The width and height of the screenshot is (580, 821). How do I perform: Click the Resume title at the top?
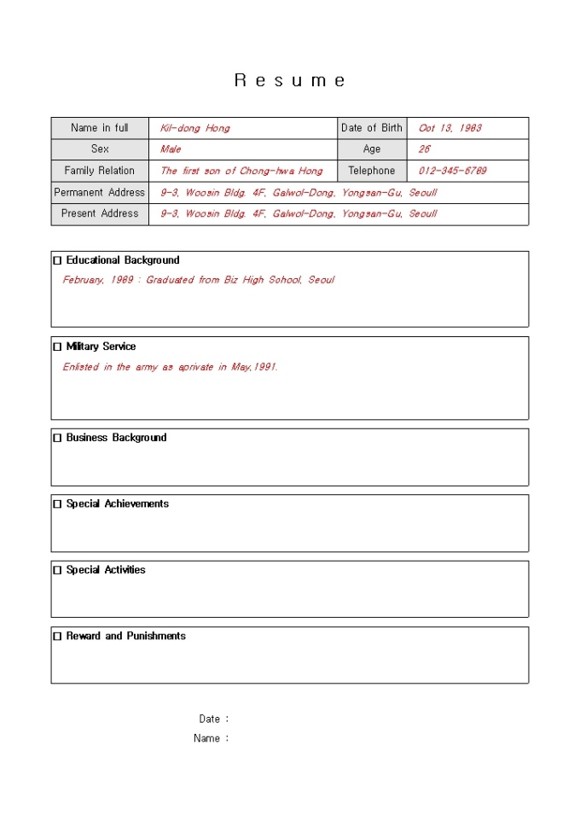(x=290, y=81)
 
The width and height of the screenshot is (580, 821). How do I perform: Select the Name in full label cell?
(x=100, y=128)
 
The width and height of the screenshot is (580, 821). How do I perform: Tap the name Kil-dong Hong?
(x=194, y=128)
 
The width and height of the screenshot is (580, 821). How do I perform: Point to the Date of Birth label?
(x=372, y=128)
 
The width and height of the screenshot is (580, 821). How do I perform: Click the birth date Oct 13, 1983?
(x=449, y=128)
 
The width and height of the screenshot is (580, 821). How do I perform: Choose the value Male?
(x=171, y=149)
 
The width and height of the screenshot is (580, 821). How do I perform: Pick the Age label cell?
(x=372, y=149)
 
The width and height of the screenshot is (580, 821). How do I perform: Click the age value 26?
(x=424, y=149)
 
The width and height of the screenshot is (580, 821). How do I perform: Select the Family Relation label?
(x=100, y=171)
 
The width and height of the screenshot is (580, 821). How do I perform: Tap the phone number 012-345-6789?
(x=452, y=171)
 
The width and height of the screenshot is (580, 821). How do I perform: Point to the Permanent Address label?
(x=100, y=192)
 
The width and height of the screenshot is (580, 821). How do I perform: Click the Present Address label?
(x=100, y=213)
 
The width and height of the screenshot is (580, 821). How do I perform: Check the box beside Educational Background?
(x=58, y=261)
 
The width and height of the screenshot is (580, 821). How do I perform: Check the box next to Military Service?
(x=58, y=347)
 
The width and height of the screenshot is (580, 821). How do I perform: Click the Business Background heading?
(x=116, y=438)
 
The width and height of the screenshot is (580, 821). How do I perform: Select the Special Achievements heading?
(x=117, y=504)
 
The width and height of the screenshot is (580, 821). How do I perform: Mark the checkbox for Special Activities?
(x=58, y=571)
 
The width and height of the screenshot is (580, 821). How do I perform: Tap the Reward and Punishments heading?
(x=125, y=637)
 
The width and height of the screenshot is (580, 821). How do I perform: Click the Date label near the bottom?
(x=210, y=719)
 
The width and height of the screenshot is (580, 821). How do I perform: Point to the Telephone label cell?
(x=372, y=171)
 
